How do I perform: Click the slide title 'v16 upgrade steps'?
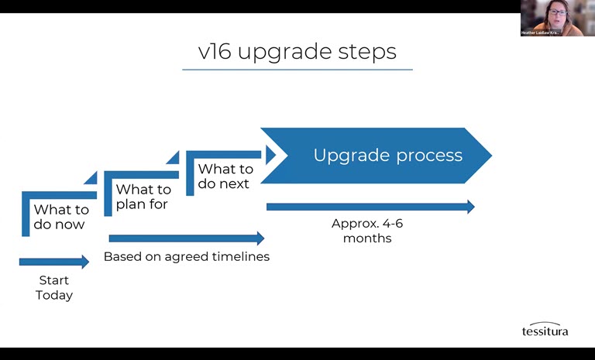[x=297, y=51]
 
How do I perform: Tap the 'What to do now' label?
[x=60, y=217]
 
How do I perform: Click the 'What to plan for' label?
[x=143, y=197]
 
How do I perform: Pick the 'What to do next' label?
[x=225, y=176]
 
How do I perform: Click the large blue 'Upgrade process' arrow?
[x=380, y=156]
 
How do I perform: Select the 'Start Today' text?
[x=53, y=287]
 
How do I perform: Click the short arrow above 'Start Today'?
[x=53, y=262]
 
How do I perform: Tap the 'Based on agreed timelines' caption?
[x=187, y=256]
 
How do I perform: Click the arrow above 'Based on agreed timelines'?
[x=186, y=238]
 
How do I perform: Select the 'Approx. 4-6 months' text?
[x=367, y=231]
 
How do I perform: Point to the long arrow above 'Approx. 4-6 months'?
[x=370, y=207]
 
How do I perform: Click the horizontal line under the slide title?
[x=297, y=70]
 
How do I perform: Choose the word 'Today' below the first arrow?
[x=53, y=295]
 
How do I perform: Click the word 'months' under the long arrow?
[x=367, y=238]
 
